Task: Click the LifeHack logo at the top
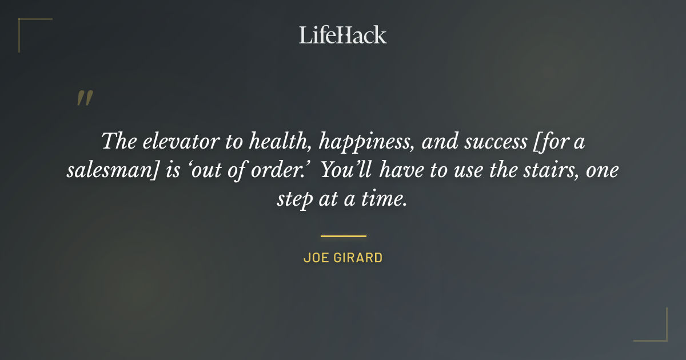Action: click(343, 35)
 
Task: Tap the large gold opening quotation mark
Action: click(85, 98)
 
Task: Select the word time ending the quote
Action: click(386, 199)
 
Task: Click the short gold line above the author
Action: click(343, 235)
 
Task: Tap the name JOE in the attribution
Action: click(315, 258)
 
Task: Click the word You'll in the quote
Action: click(345, 171)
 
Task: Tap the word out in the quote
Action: click(209, 171)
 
